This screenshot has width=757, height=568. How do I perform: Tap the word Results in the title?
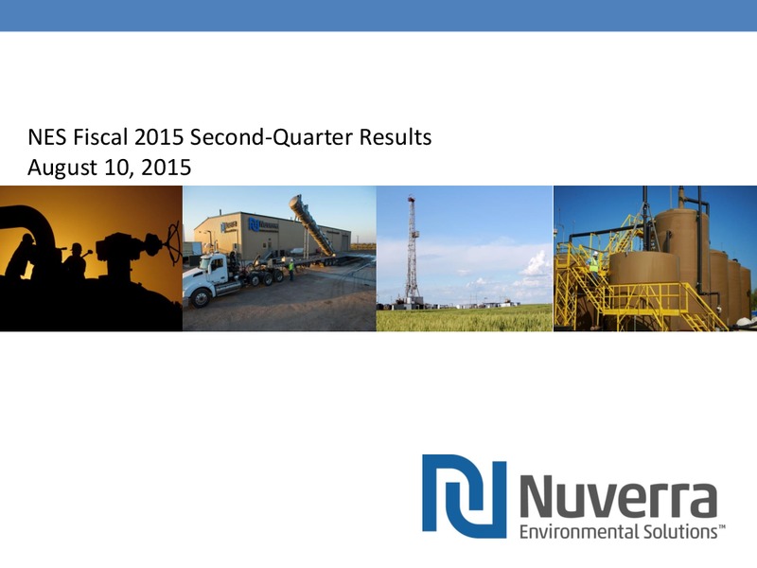(x=395, y=137)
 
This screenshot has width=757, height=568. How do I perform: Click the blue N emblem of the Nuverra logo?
(x=464, y=496)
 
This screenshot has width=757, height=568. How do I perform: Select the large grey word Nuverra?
(x=618, y=495)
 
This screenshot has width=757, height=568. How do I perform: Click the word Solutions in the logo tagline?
(x=679, y=532)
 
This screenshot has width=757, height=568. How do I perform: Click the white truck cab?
(x=214, y=273)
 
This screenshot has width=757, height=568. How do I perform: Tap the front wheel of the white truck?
(x=200, y=298)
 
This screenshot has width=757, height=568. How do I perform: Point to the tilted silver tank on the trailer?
(x=311, y=224)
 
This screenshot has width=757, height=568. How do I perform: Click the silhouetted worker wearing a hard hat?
(x=75, y=261)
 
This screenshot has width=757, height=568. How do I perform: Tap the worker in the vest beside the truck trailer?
(x=291, y=269)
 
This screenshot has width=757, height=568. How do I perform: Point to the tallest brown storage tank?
(x=681, y=256)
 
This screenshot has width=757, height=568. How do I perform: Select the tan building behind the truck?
(x=271, y=235)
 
